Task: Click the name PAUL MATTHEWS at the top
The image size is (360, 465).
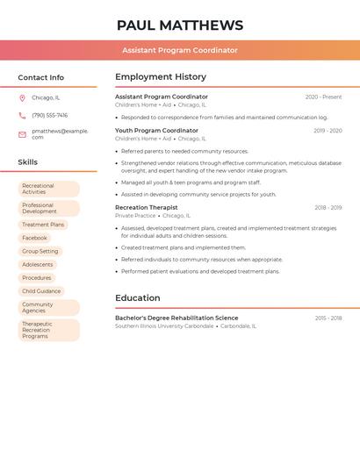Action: [x=180, y=25]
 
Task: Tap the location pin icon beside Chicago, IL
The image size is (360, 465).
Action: [x=22, y=97]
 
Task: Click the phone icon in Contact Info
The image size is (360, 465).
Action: [x=22, y=115]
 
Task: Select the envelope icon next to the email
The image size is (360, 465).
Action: [x=22, y=134]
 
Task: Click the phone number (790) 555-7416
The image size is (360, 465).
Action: [x=49, y=115]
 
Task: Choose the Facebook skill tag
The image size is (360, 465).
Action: [x=34, y=238]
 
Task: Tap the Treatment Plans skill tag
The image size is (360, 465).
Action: [x=43, y=225]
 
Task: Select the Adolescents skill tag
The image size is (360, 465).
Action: [x=38, y=264]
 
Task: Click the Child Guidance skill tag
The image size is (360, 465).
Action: [x=41, y=291]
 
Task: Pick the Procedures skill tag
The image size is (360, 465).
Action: [x=37, y=278]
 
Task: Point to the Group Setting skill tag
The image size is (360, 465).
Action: [x=40, y=251]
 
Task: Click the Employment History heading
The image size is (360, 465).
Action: [x=161, y=77]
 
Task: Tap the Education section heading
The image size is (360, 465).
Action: [x=137, y=298]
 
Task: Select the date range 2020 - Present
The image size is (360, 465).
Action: [x=323, y=97]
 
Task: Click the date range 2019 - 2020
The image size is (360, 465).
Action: [x=328, y=131]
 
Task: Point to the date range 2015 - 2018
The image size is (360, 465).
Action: [x=328, y=318]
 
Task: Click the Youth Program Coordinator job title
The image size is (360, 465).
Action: [x=156, y=131]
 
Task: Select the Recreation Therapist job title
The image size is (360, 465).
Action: [x=146, y=208]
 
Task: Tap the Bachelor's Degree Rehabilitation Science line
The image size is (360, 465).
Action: [x=176, y=318]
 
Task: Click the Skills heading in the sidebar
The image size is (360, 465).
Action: [x=28, y=162]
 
